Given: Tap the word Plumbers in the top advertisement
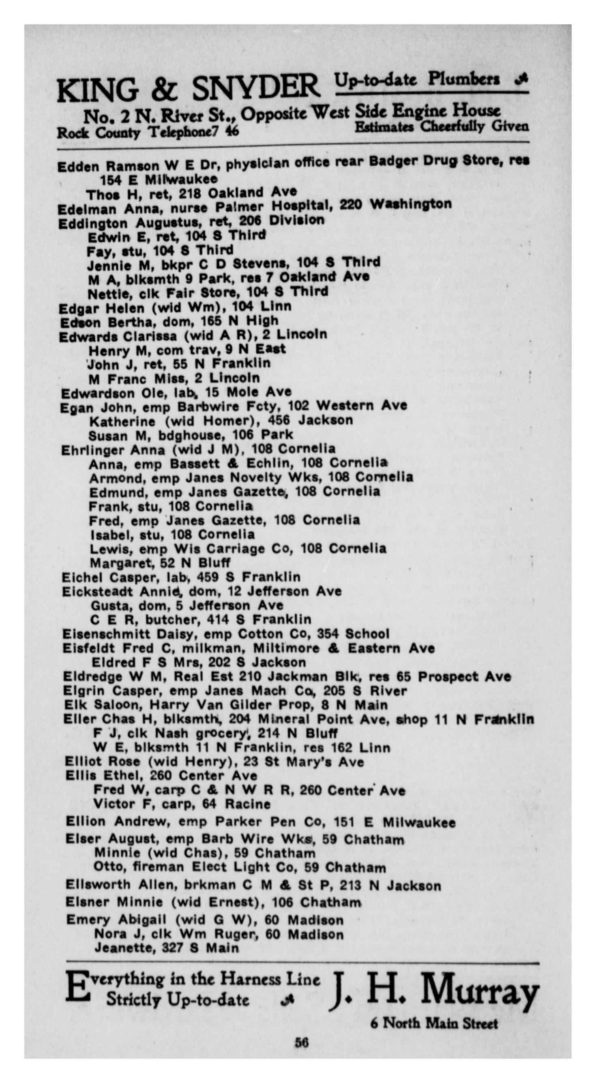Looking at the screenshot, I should (463, 79).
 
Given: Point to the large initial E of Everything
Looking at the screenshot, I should (77, 988).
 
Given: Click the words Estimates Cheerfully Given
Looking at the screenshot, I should (442, 127).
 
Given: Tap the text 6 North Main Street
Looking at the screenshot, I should (434, 1023).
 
